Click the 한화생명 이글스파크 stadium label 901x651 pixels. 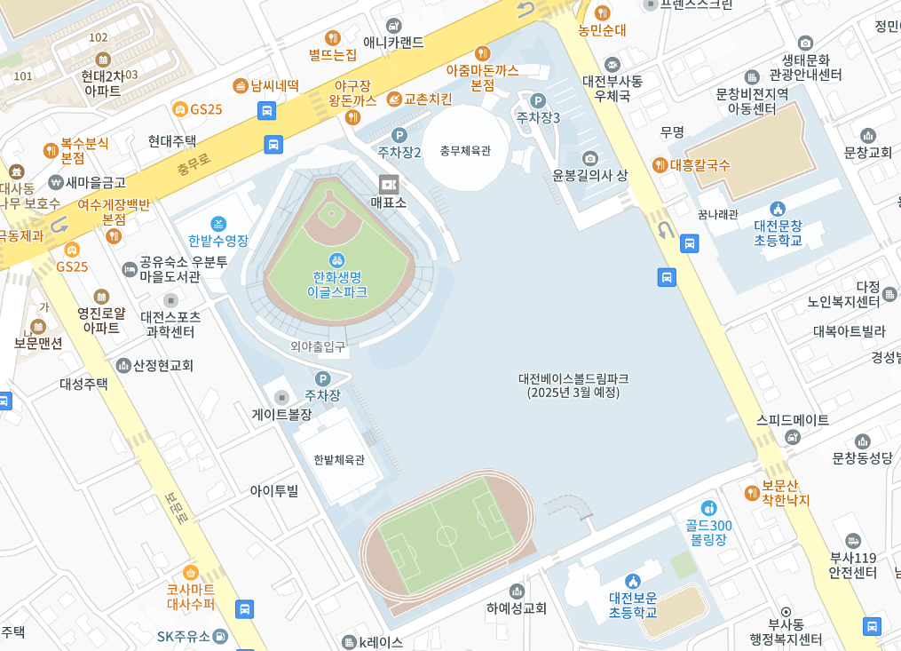point(336,283)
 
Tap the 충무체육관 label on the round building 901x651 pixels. point(465,151)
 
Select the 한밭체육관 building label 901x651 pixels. point(339,460)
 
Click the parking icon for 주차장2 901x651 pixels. point(399,135)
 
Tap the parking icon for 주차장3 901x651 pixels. point(538,100)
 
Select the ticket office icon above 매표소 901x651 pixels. point(388,184)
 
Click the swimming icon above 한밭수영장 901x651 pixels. point(218,223)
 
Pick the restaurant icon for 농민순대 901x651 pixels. point(603,12)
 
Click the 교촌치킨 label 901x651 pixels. point(427,99)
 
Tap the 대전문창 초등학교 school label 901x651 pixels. point(778,233)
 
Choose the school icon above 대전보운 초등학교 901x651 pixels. point(632,581)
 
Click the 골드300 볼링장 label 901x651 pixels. point(708,531)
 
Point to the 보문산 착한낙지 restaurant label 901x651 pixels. point(785,494)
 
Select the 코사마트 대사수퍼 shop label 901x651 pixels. point(191,596)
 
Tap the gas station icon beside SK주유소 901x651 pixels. point(220,636)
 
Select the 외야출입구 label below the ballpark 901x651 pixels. point(318,347)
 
